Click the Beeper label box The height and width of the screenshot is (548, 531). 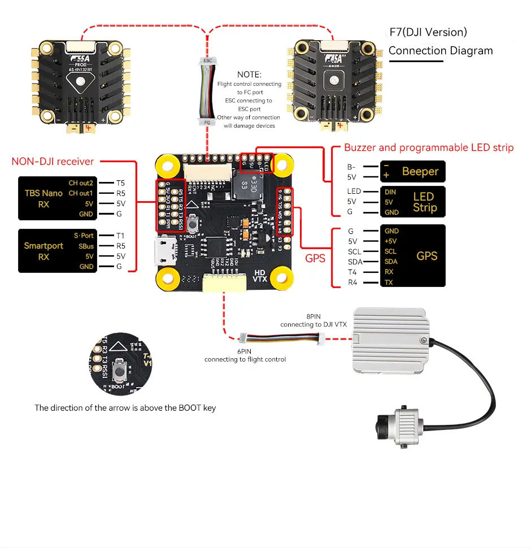coord(414,171)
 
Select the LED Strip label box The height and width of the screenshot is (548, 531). coord(414,202)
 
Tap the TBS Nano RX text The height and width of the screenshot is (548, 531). coord(43,198)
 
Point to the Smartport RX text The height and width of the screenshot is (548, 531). coord(43,251)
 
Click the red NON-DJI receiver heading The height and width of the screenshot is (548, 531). coord(53,162)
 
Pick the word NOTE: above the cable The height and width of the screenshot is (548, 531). coord(249,75)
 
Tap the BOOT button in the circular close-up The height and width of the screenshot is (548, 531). coord(119,371)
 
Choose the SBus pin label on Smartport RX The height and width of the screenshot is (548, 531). coord(86,246)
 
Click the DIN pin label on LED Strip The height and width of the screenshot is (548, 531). coord(390,192)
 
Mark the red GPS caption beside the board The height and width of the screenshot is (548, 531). coord(315,258)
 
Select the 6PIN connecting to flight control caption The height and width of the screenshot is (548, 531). coord(245,355)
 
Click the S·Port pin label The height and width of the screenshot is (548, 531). coord(84,235)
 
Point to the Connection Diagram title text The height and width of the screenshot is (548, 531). coord(441,51)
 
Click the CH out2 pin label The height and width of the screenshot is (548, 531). coord(81,182)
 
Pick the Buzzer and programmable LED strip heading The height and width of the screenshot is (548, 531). coord(429,148)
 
